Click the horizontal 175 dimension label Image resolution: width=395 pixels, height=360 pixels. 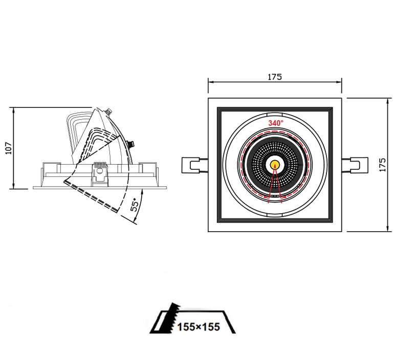click(275, 77)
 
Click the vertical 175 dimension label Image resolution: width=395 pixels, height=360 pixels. click(382, 165)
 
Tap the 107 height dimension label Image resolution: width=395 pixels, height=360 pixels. click(9, 148)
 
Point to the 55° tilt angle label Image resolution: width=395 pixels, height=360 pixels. click(135, 205)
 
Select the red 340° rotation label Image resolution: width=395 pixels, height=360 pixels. click(276, 123)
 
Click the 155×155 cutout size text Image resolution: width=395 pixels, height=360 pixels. click(199, 327)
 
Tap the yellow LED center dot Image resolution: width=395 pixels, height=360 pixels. click(275, 165)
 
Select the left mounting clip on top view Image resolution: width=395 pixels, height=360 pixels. click(195, 165)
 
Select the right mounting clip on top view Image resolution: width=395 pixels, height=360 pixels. click(355, 165)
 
